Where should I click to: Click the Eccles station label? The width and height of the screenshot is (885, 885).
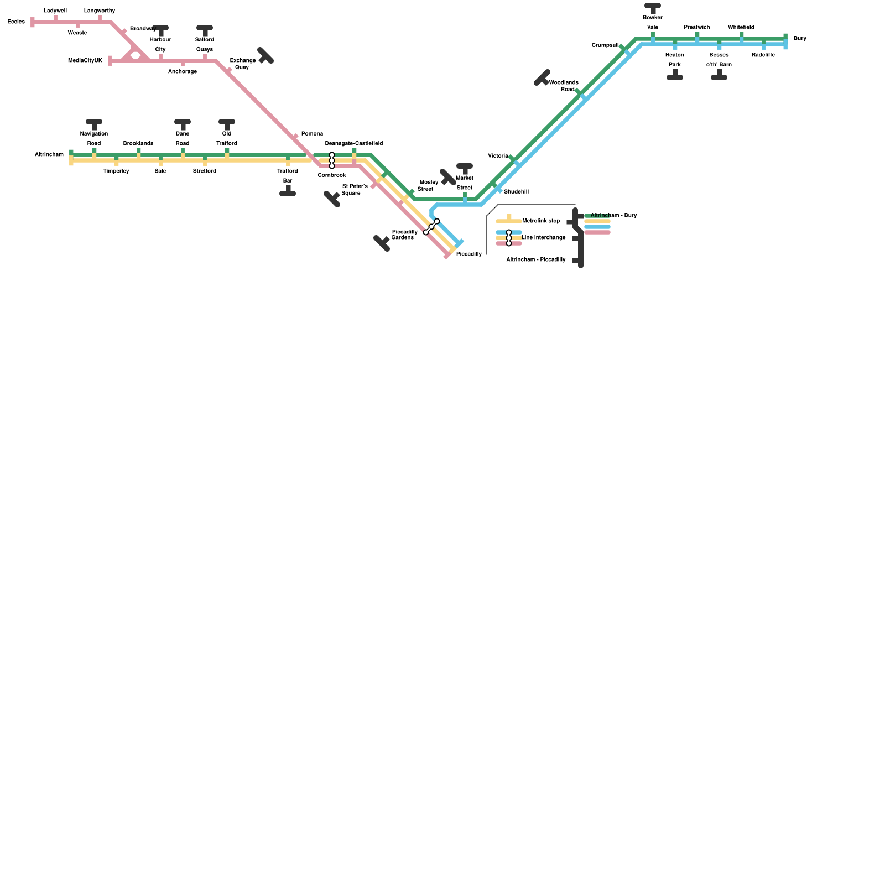point(16,22)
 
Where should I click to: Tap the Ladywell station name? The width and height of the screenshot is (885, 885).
point(55,11)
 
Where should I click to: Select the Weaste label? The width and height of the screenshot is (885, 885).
point(77,33)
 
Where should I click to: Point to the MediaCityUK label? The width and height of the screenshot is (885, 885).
point(85,61)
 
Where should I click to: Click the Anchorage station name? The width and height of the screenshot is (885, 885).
point(183,72)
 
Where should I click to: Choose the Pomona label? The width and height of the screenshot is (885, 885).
point(312,134)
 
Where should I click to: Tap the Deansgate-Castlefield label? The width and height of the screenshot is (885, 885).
point(354,144)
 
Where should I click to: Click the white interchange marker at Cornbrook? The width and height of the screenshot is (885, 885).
point(332,160)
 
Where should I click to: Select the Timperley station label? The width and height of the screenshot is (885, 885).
point(116,171)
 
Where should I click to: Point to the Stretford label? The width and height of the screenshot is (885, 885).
point(205,171)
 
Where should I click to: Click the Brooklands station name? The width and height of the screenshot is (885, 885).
point(138,144)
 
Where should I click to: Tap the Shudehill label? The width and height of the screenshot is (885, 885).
point(516,192)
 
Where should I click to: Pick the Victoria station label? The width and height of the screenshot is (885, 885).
point(498,156)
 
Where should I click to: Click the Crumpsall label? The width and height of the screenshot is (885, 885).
point(605,45)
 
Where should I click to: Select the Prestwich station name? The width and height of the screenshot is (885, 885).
point(697,28)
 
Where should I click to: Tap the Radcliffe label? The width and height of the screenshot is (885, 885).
point(763,55)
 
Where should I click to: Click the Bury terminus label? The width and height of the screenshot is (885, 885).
point(800,39)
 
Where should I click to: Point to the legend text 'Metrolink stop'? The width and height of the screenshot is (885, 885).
point(541,221)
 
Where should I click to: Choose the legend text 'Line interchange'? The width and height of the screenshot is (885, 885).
point(544,238)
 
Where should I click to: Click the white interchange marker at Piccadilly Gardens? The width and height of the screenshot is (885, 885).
point(431,227)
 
